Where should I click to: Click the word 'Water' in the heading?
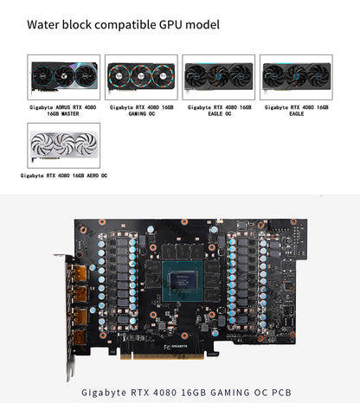click(x=43, y=24)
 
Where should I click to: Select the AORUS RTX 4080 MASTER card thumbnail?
click(x=64, y=77)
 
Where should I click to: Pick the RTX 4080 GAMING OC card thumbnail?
click(x=141, y=77)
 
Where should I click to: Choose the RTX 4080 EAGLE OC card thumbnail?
click(x=219, y=77)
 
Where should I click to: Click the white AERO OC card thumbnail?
click(x=64, y=145)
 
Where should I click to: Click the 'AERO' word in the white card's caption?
click(x=93, y=176)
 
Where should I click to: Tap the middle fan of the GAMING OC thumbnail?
click(x=141, y=76)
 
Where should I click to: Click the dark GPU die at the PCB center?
click(x=183, y=281)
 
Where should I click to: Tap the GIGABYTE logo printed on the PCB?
click(x=179, y=347)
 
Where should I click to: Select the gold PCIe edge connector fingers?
click(x=162, y=356)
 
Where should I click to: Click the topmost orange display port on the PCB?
click(x=79, y=273)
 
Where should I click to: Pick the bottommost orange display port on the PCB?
click(x=79, y=337)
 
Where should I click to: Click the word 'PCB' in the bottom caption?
click(x=281, y=393)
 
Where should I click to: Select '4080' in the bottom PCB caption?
click(x=164, y=393)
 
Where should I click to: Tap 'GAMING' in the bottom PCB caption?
click(x=230, y=393)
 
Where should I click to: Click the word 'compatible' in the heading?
click(x=125, y=25)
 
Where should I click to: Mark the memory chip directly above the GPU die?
click(x=183, y=252)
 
